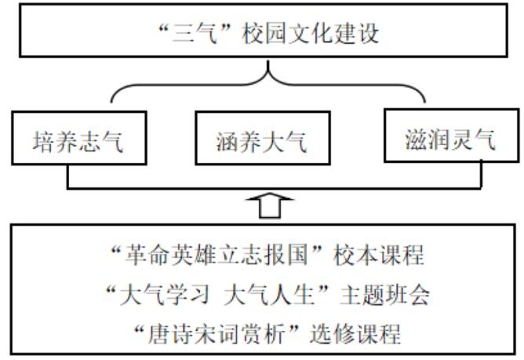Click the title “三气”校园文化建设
(267, 33)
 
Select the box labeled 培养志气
(78, 141)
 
